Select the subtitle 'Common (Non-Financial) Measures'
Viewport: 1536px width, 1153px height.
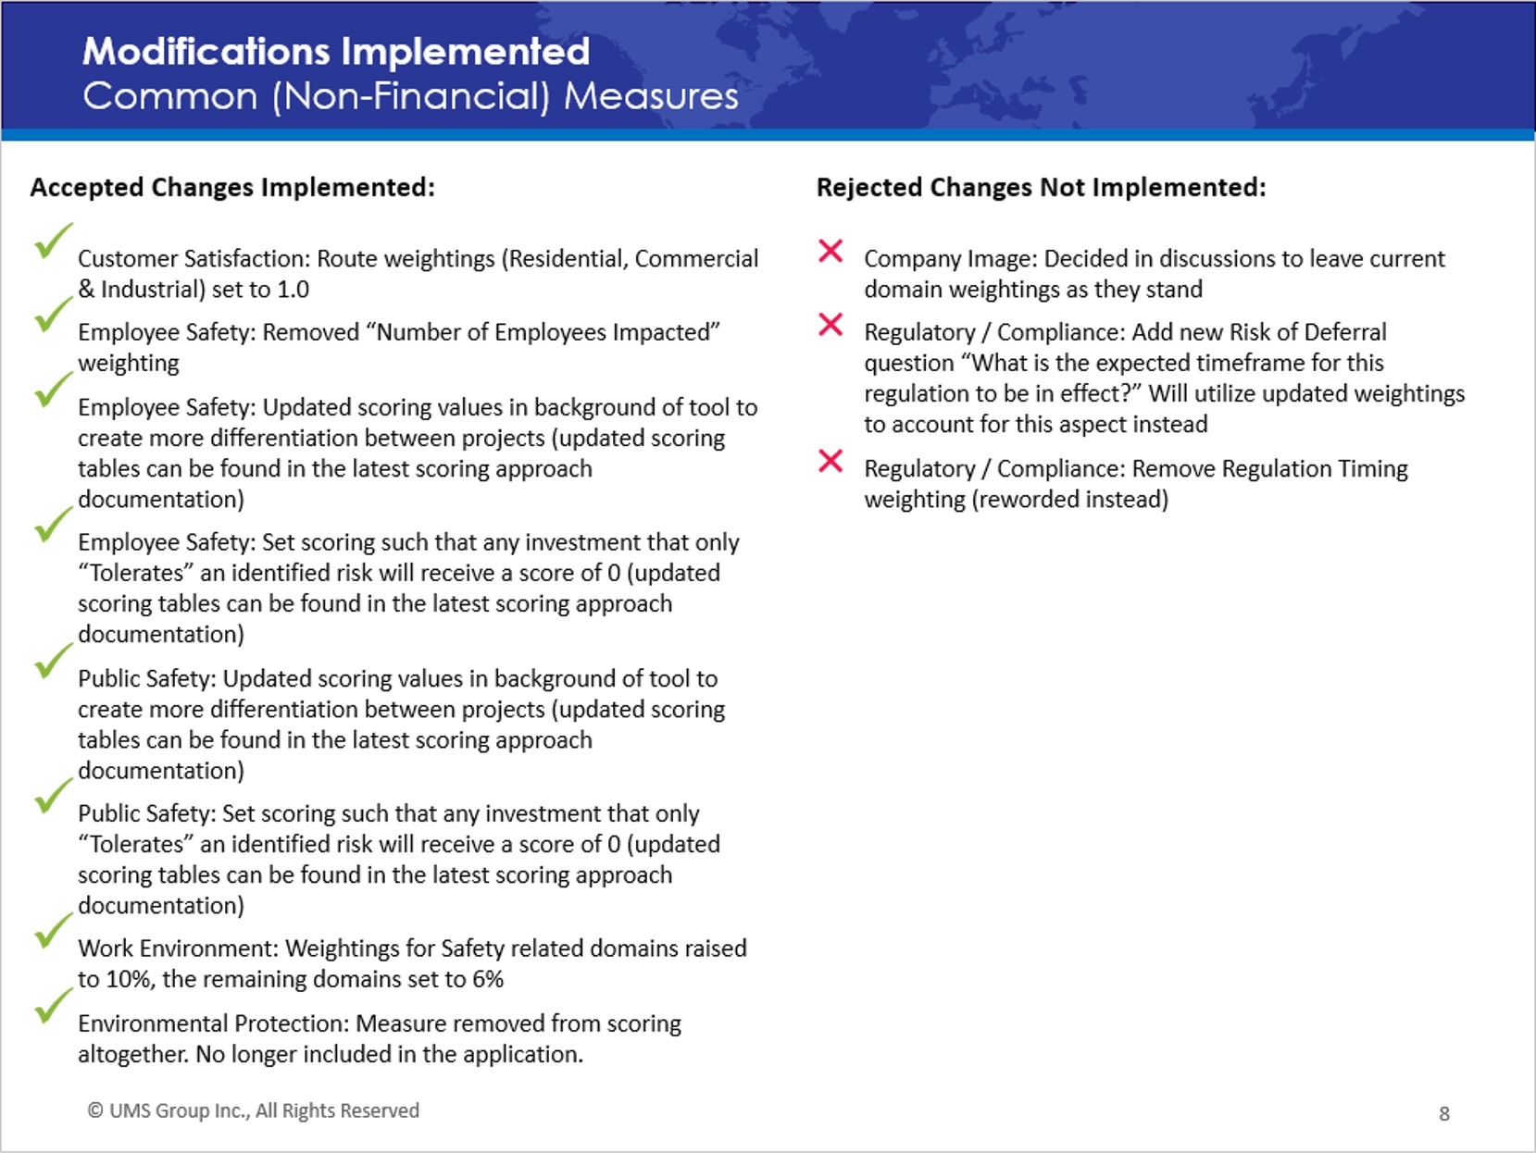pos(410,96)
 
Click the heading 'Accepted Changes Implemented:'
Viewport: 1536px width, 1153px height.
pos(232,188)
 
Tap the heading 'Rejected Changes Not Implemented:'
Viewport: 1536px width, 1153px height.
pos(1042,188)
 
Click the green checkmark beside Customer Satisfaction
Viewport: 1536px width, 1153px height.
pos(52,242)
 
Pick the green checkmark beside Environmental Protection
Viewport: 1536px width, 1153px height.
pos(52,1006)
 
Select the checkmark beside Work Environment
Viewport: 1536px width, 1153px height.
pos(52,931)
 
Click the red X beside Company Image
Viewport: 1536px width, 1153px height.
pos(830,251)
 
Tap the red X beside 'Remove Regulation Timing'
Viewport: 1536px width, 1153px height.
pos(830,461)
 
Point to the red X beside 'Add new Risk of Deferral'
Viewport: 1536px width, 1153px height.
pos(830,325)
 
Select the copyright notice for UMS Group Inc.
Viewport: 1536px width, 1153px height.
pos(254,1111)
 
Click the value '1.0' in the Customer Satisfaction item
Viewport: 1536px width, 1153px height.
pos(293,290)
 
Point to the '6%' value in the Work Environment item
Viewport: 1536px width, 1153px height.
pos(488,980)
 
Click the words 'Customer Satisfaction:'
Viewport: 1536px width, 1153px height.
pos(194,259)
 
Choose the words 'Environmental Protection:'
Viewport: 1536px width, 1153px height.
pos(214,1023)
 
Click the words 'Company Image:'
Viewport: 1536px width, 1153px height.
pos(951,259)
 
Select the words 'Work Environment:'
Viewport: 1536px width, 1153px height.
pos(179,948)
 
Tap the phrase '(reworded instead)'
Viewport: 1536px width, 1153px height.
pos(1070,500)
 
